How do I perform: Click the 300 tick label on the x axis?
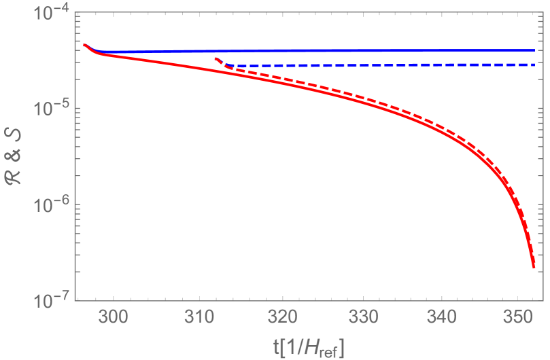point(112,316)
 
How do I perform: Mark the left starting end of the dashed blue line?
point(216,59)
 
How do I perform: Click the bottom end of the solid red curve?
point(534,266)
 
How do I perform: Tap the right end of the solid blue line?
point(534,50)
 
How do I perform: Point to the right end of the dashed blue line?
point(534,65)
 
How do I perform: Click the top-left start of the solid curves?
point(84,45)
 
